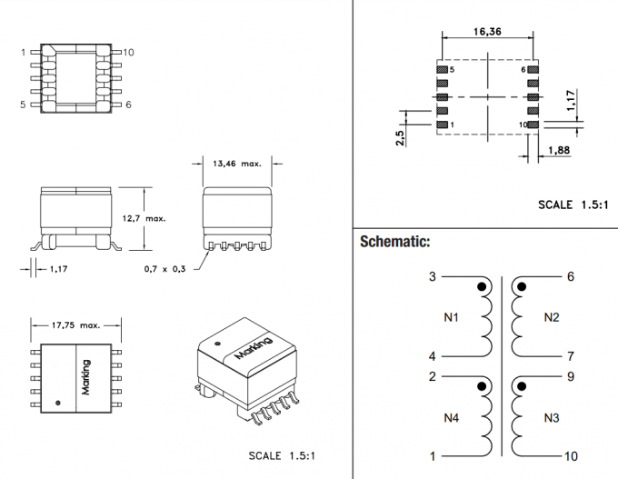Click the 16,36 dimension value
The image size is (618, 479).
(485, 30)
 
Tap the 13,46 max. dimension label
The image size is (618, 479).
(236, 165)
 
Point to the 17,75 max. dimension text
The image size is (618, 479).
(77, 324)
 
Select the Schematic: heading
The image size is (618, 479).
(395, 242)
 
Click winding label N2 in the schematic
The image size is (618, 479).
(552, 317)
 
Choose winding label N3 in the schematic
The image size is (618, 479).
(552, 417)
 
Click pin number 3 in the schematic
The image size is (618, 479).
(433, 277)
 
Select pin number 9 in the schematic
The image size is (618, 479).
(570, 375)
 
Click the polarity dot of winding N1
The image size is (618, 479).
(482, 288)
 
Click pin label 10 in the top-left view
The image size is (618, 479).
(127, 53)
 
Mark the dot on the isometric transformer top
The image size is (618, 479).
(217, 344)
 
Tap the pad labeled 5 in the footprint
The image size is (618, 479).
(442, 69)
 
